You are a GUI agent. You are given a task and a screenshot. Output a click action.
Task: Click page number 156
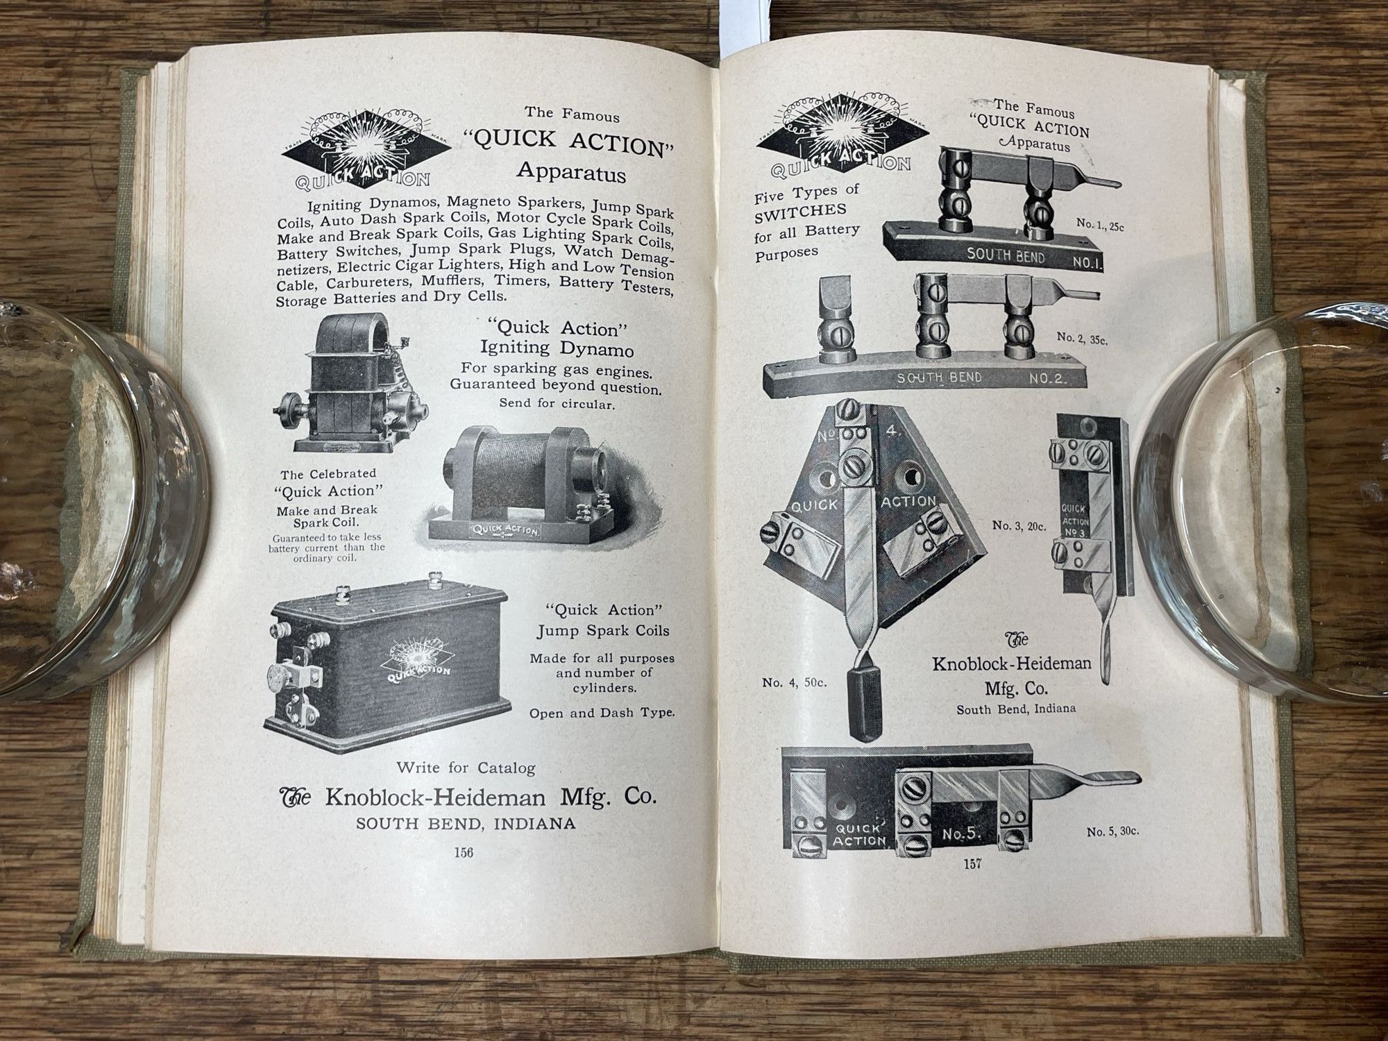pyautogui.click(x=463, y=853)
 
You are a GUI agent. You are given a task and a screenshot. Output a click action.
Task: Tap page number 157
pyautogui.click(x=973, y=864)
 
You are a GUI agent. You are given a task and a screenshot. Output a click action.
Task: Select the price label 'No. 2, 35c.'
pyautogui.click(x=1083, y=338)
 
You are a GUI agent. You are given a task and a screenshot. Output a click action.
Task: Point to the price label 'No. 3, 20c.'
pyautogui.click(x=1019, y=525)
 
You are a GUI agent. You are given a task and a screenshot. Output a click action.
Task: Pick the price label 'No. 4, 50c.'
pyautogui.click(x=795, y=682)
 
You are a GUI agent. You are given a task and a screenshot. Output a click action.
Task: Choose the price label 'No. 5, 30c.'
pyautogui.click(x=1113, y=831)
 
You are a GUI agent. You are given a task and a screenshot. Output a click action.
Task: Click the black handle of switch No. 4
pyautogui.click(x=864, y=701)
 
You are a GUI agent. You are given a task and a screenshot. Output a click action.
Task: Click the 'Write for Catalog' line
pyautogui.click(x=466, y=768)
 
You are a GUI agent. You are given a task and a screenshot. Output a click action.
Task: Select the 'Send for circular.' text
pyautogui.click(x=557, y=403)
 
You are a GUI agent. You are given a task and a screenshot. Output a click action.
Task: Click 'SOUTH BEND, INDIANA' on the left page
pyautogui.click(x=466, y=824)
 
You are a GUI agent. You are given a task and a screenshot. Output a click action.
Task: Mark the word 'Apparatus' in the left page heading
pyautogui.click(x=571, y=171)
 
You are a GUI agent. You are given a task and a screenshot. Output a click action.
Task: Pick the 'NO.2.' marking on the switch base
pyautogui.click(x=1047, y=379)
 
